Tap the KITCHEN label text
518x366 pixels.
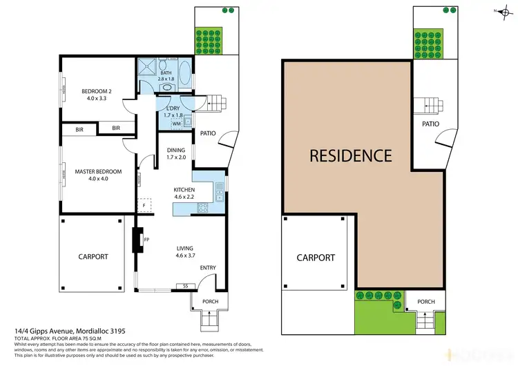point(184,189)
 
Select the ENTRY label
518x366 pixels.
point(208,267)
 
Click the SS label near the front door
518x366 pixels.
point(185,285)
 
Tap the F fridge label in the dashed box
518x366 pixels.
point(144,205)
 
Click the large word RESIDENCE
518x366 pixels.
point(350,155)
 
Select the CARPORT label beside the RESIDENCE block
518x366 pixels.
point(316,258)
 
